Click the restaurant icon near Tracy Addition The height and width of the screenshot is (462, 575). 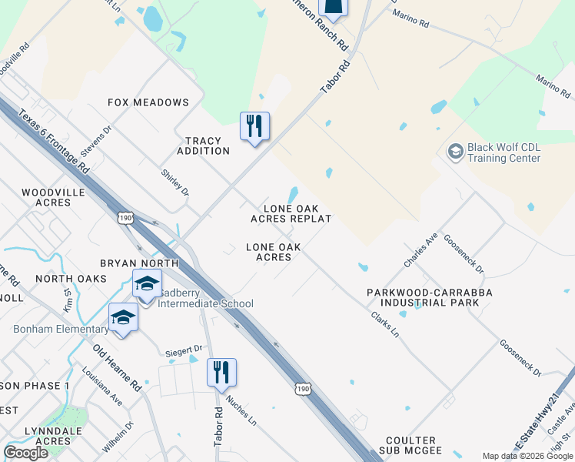coord(255,126)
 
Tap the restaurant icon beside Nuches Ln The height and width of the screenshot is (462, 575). coord(221,373)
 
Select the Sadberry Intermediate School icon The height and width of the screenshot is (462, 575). coord(147,284)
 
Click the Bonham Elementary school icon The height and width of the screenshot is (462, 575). coord(123,317)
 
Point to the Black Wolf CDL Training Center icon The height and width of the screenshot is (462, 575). coord(456,152)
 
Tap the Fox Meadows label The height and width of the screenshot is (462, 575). coord(148,102)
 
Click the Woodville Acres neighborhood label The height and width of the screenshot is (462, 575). coord(46,197)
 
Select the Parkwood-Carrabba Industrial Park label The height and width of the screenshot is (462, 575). coord(429,297)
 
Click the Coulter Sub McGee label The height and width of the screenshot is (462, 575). coord(410,444)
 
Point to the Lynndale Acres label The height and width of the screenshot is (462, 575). coord(48,436)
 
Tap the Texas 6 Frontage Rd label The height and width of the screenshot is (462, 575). coord(44,139)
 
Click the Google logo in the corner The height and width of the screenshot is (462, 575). coord(26,453)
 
